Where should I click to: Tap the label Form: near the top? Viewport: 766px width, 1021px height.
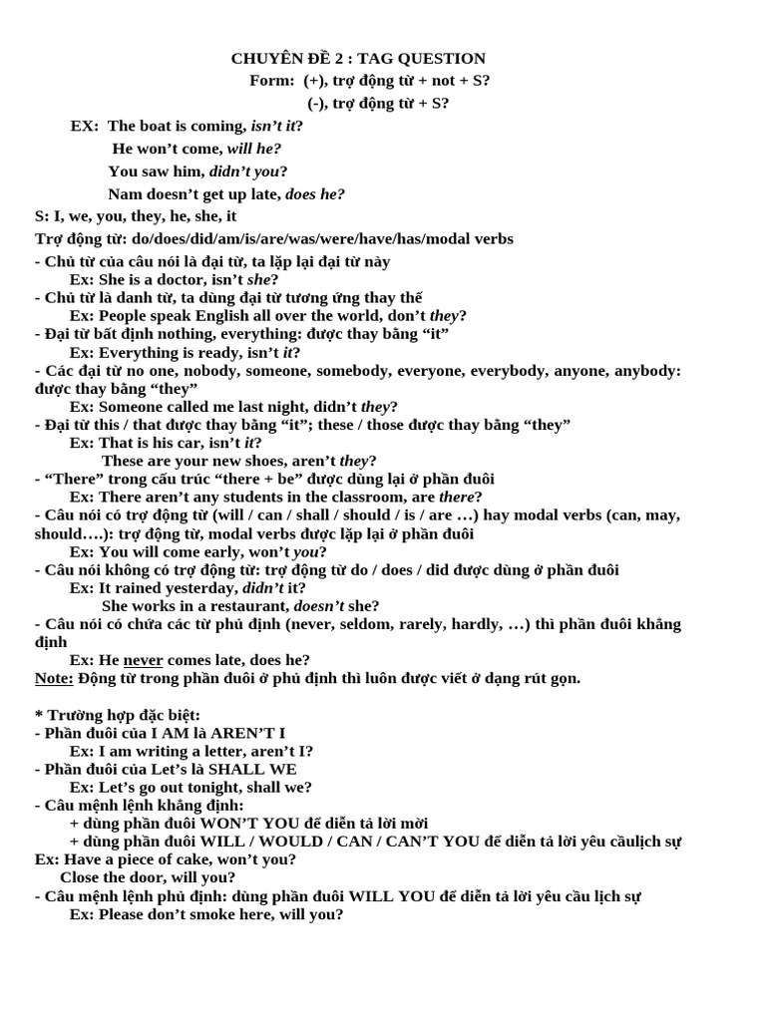click(x=271, y=81)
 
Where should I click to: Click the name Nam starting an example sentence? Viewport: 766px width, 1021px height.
click(x=123, y=194)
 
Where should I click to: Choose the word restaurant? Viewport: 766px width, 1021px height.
click(x=248, y=605)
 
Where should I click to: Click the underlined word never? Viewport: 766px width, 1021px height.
click(x=143, y=660)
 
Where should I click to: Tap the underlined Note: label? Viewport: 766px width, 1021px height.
click(x=54, y=678)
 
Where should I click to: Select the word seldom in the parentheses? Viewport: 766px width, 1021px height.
click(x=357, y=624)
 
